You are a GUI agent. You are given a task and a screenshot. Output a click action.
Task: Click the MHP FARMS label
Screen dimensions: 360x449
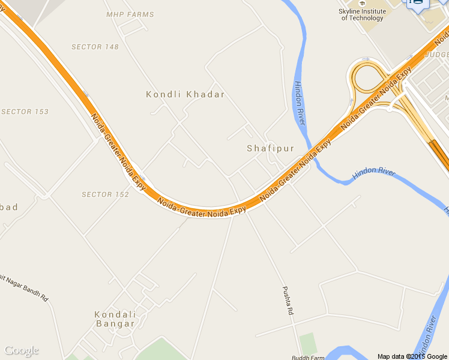[130, 14]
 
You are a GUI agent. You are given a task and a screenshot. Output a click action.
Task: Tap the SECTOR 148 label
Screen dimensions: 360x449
[95, 47]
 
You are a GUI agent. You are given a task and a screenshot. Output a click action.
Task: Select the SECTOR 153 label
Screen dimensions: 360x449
[25, 112]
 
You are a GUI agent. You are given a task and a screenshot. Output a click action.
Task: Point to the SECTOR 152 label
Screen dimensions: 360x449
[105, 194]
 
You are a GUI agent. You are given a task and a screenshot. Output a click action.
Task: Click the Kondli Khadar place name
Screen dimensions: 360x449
[185, 94]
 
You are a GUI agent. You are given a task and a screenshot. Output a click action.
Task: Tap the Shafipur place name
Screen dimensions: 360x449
[271, 148]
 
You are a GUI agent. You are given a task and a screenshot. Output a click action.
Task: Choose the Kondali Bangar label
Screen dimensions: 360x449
[115, 319]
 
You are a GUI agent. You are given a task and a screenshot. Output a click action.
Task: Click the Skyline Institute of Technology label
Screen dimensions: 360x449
[362, 14]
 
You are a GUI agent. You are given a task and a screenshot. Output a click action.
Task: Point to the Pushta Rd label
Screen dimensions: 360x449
[288, 301]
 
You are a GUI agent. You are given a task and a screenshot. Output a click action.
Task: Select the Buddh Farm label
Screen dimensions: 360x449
[308, 357]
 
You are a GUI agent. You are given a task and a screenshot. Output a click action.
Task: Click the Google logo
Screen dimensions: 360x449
[21, 350]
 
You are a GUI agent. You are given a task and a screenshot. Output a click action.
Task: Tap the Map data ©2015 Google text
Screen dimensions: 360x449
[412, 356]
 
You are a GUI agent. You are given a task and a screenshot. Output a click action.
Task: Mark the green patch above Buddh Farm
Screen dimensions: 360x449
[307, 343]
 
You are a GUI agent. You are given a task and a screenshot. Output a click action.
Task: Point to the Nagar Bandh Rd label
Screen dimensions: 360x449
[25, 287]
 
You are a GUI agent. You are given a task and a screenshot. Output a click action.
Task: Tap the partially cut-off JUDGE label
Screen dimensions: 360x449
[436, 55]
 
